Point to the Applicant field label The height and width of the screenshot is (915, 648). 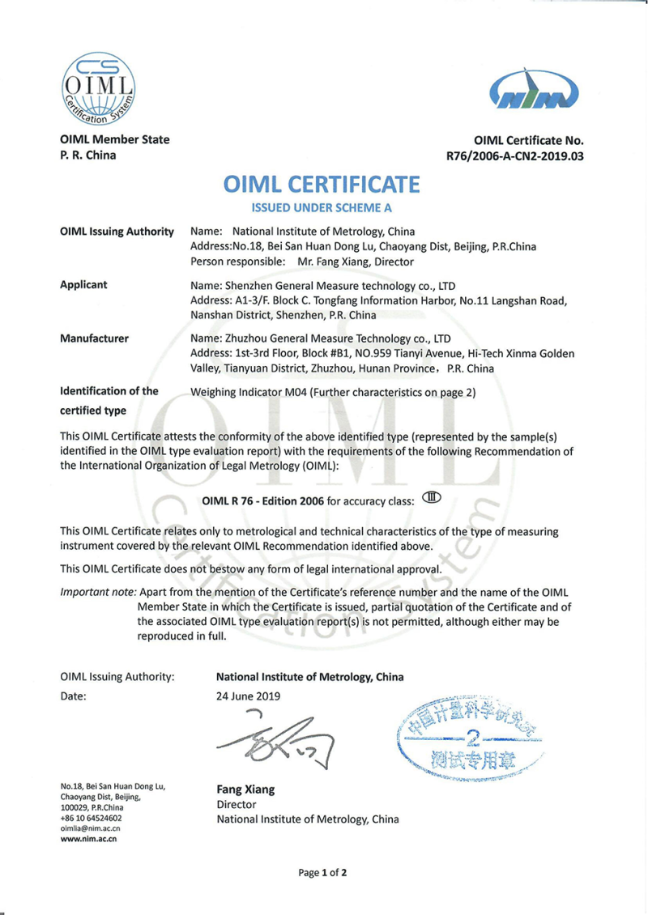coord(84,285)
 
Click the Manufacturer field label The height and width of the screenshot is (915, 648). coord(94,338)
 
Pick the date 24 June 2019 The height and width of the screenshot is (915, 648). coord(248,696)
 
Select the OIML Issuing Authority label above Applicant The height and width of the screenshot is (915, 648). coord(117,232)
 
